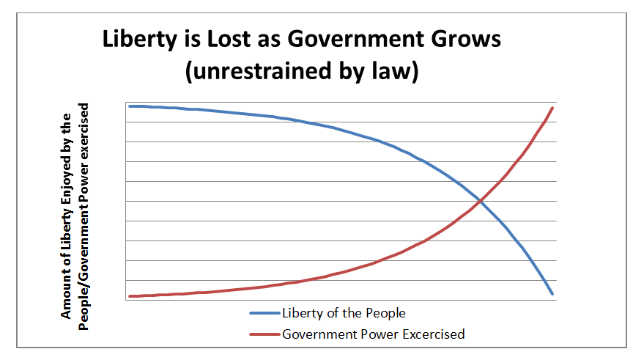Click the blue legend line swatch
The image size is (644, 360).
[x=264, y=313]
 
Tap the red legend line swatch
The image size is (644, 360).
[x=264, y=334]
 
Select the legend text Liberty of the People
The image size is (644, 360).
[x=344, y=313]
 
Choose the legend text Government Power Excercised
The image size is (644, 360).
[x=373, y=334]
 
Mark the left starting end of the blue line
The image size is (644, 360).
[x=130, y=106]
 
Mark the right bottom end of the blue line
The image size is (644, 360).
[x=552, y=294]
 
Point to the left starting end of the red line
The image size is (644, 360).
[x=130, y=296]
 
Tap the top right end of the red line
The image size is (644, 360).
[x=552, y=108]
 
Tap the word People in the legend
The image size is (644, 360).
[x=385, y=313]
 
